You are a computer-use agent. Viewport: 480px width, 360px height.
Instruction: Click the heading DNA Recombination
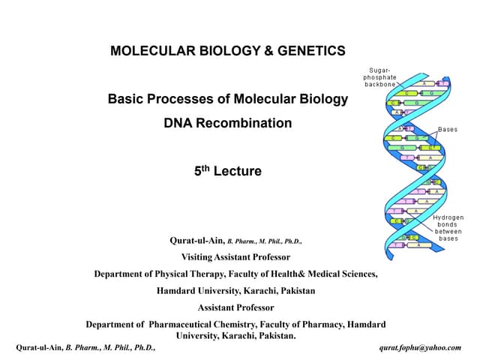coord(227,123)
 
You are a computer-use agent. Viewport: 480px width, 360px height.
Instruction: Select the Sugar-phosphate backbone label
coord(380,77)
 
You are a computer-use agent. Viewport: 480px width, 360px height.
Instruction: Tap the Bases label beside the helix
coord(447,130)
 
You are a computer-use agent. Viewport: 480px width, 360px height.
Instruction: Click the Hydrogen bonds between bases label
coord(448,228)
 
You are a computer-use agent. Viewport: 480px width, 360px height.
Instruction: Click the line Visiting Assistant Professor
coord(235,257)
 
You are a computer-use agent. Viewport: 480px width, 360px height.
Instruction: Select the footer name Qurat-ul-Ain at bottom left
coord(39,348)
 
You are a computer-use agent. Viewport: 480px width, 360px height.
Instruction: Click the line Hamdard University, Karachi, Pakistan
coord(235,290)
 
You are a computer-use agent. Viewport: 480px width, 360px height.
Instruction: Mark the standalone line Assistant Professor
coord(235,307)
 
